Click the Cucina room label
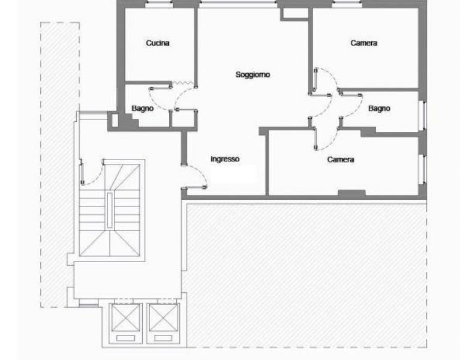158,43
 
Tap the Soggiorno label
252,74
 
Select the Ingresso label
225,159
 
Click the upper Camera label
364,43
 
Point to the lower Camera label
341,160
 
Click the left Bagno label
143,109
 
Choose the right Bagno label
379,109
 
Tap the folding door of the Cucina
183,83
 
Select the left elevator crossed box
125,317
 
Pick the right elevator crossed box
163,317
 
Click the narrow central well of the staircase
110,210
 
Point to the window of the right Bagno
423,116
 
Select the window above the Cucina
159,4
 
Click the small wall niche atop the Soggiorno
294,14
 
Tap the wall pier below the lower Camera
351,193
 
